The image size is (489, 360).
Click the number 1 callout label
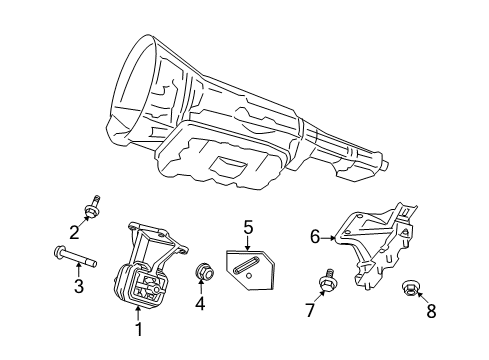(138, 327)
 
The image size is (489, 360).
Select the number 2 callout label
(73, 234)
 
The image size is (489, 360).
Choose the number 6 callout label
(315, 237)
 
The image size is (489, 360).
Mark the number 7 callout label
(310, 312)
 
